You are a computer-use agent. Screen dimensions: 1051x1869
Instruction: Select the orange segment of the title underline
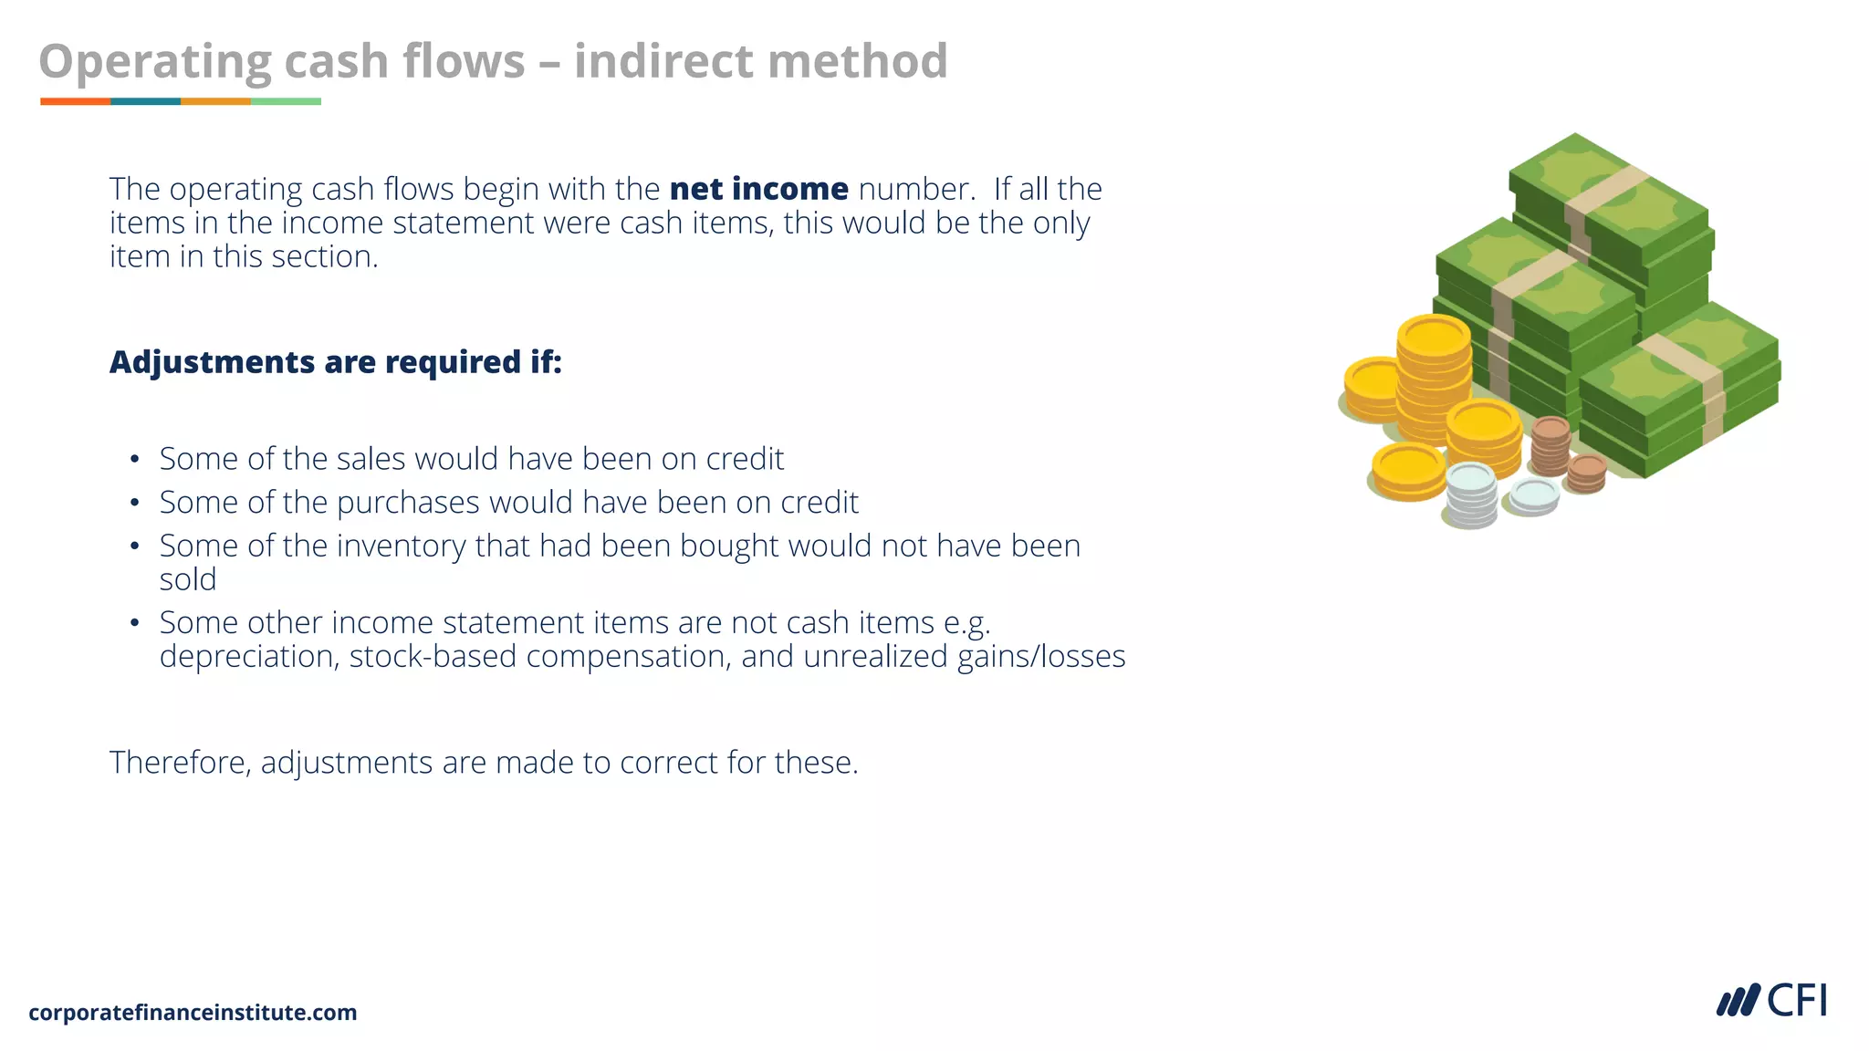coord(75,101)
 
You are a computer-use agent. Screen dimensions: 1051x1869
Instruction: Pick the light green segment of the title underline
coord(286,101)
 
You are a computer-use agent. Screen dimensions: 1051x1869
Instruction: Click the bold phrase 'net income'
coord(758,189)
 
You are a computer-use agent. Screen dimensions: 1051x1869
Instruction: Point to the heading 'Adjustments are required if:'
coord(335,362)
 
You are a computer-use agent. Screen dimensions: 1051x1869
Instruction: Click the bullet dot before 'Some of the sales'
coord(135,459)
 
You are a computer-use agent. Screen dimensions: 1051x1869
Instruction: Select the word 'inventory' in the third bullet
coord(391,546)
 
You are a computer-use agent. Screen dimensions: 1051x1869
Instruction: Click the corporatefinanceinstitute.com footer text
coord(193,1013)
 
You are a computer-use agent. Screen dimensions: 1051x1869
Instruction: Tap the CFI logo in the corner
coord(1771,1001)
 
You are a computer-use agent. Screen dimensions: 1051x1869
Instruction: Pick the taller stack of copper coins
coord(1550,445)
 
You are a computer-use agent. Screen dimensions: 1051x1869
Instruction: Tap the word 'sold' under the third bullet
coord(188,579)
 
